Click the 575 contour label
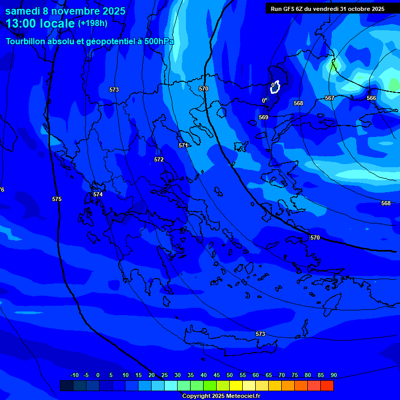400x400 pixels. (x=57, y=199)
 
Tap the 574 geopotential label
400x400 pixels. (x=97, y=194)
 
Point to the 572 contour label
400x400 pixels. (x=159, y=159)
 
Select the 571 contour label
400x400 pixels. (x=183, y=145)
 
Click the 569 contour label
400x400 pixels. (x=264, y=117)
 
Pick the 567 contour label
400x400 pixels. (x=329, y=98)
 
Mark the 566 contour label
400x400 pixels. (x=371, y=98)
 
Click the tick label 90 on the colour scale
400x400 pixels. (x=333, y=375)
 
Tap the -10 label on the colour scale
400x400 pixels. (x=74, y=375)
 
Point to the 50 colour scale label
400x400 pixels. (x=230, y=375)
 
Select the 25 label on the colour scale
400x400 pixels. (x=165, y=375)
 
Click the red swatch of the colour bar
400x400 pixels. (x=327, y=385)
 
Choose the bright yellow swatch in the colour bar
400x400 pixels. (x=236, y=385)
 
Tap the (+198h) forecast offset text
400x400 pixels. (x=93, y=23)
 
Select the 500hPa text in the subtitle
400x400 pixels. (x=156, y=41)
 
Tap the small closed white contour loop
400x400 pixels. (x=276, y=86)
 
